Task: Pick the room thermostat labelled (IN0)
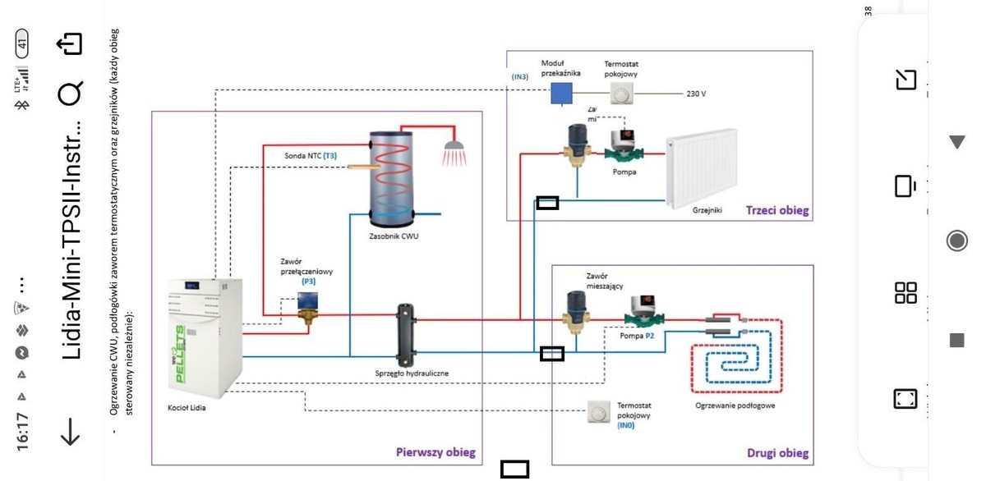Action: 600,411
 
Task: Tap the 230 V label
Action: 696,94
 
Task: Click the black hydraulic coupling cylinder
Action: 405,336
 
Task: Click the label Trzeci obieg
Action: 776,211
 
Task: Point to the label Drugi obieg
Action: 777,453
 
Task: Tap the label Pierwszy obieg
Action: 435,453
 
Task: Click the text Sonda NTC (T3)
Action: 310,155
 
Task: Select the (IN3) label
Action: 520,77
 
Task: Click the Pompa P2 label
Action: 637,336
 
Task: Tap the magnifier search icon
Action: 70,94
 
